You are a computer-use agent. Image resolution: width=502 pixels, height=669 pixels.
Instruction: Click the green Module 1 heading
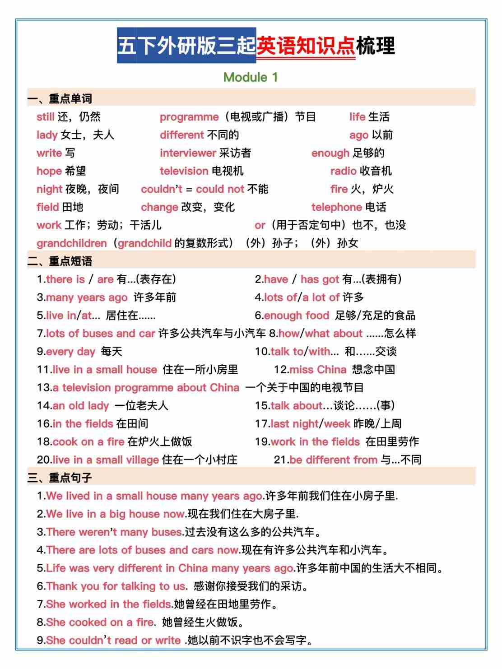[x=251, y=77]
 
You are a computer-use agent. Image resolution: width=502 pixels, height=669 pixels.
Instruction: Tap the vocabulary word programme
[x=189, y=117]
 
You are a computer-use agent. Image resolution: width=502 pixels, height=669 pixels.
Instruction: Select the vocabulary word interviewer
[x=188, y=153]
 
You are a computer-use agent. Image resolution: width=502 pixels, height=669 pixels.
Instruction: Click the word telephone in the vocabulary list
[x=336, y=207]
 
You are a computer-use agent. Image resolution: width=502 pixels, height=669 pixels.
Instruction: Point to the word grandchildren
[x=71, y=243]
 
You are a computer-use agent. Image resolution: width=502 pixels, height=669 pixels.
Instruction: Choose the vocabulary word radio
[x=343, y=171]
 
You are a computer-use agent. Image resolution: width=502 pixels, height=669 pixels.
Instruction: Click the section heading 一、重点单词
[x=60, y=98]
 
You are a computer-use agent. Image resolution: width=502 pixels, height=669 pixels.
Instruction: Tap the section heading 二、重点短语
[x=60, y=261]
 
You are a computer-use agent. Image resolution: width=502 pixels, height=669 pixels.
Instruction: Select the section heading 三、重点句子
[x=60, y=478]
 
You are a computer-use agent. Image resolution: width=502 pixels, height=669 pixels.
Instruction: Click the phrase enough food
[x=296, y=316]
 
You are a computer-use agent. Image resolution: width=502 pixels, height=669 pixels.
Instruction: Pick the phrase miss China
[x=317, y=370]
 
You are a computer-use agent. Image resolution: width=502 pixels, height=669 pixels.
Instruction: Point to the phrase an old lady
[x=80, y=406]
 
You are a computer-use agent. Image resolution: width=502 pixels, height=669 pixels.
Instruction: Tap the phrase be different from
[x=333, y=460]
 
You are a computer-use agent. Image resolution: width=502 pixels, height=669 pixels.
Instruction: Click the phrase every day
[x=70, y=352]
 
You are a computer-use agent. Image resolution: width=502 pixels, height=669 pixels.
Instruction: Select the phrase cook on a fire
[x=88, y=442]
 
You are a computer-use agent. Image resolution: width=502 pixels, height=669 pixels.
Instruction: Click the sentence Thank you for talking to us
[x=116, y=586]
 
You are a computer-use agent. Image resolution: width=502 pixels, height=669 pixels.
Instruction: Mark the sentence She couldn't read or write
[x=113, y=641]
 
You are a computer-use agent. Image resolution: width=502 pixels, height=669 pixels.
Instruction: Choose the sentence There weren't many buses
[x=114, y=532]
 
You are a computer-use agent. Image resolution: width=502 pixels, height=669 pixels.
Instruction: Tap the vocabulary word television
[x=184, y=171]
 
